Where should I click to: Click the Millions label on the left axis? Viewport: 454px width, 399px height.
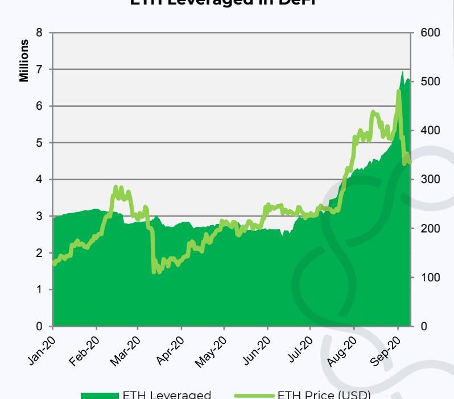(24, 61)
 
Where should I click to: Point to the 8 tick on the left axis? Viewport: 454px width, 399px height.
(39, 32)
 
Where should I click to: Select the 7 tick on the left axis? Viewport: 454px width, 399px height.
(39, 69)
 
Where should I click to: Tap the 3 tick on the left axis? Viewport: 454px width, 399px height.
(39, 216)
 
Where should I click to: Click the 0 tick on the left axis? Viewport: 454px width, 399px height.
(39, 326)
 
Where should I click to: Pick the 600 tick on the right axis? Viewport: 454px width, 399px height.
(431, 32)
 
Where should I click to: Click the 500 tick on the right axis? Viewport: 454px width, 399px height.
(431, 81)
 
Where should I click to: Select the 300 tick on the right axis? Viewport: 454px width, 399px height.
(431, 179)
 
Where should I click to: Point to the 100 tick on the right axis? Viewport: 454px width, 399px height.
(431, 277)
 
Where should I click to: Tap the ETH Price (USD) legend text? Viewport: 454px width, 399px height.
(324, 394)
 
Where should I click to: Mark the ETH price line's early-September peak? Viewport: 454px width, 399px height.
(399, 91)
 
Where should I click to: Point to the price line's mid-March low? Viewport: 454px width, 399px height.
(154, 272)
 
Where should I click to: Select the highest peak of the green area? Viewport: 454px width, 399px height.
(402, 71)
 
